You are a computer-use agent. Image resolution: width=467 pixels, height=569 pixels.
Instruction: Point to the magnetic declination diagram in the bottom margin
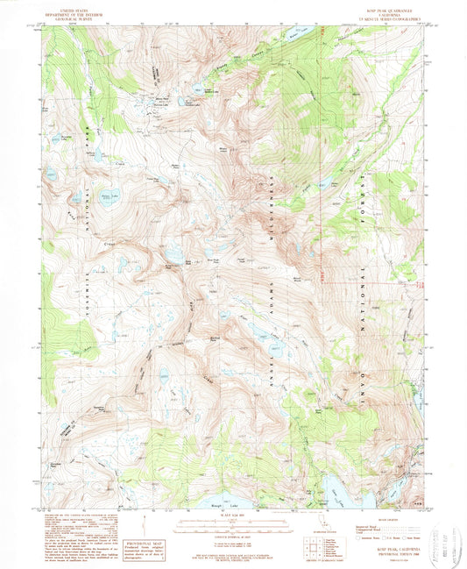[x=145, y=531]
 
